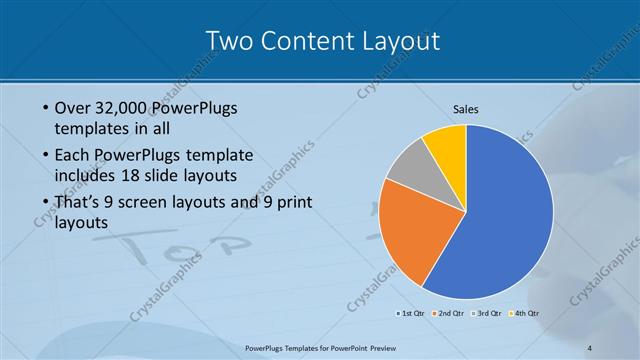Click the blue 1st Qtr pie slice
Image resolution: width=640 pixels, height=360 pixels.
(x=500, y=220)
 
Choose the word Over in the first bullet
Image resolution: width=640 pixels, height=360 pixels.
(x=71, y=108)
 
